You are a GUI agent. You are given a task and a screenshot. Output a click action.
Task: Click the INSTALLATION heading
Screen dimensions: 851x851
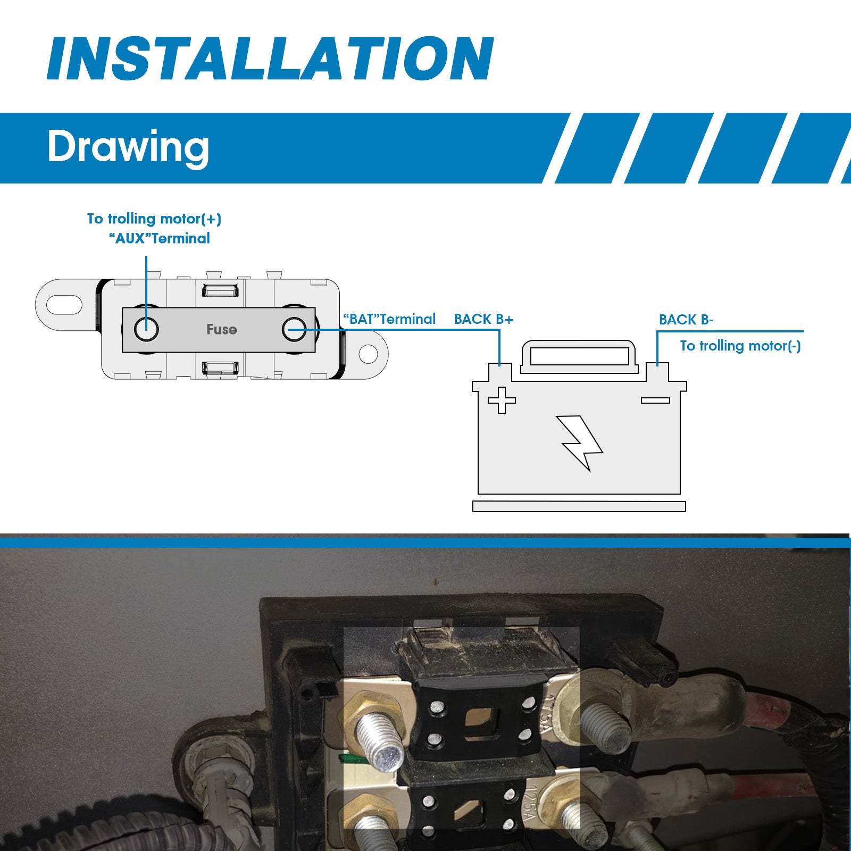tap(271, 59)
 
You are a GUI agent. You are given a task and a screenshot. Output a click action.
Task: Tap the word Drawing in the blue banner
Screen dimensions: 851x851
tap(128, 147)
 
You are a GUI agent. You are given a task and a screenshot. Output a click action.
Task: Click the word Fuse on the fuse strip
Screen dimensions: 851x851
tap(221, 329)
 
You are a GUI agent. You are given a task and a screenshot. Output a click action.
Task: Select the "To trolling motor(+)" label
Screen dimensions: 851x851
tap(154, 219)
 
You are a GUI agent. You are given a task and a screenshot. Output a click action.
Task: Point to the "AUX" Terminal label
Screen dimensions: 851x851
tap(160, 238)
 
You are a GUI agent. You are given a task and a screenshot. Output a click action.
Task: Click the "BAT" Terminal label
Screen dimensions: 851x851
tap(389, 319)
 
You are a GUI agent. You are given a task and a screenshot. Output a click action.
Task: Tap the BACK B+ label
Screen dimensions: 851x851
tap(483, 319)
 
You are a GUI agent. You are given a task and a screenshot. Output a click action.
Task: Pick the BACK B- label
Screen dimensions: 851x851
tap(686, 320)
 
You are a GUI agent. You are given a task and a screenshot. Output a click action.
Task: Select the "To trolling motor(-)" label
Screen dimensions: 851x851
tap(740, 346)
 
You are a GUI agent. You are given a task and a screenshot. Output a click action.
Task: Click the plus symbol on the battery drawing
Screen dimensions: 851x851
tap(502, 400)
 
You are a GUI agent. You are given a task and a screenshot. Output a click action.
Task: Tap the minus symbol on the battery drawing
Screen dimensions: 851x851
tap(655, 401)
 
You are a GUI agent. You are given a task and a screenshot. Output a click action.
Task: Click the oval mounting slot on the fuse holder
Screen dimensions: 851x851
tap(64, 305)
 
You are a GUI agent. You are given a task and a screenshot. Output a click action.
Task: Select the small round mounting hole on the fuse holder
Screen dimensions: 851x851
tap(368, 354)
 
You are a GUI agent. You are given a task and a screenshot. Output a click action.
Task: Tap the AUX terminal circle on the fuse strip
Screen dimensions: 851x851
tap(146, 329)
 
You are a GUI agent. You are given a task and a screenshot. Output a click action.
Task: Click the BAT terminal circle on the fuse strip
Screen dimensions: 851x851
tap(294, 329)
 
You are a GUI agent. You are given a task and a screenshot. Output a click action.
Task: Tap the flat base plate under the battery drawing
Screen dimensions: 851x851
tap(579, 506)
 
